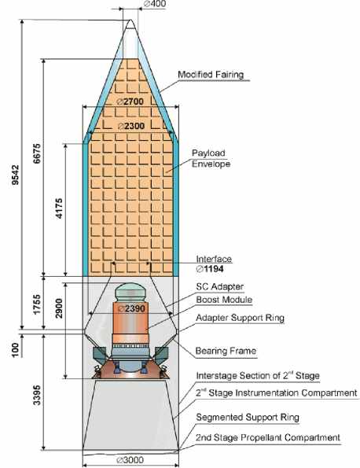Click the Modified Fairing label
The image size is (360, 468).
pos(211,74)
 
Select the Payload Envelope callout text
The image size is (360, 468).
pos(211,158)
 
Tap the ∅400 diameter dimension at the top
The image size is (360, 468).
pos(155,4)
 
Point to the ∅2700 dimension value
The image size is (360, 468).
pos(130,101)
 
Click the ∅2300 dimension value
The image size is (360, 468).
pos(131,126)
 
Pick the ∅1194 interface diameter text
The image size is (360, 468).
pos(210,269)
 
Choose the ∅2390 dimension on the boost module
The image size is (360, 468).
pos(131,308)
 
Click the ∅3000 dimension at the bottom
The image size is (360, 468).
pos(130,460)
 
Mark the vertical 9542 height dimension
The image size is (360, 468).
pos(15,175)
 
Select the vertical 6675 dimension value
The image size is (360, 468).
pos(37,153)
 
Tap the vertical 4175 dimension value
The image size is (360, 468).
pos(59,208)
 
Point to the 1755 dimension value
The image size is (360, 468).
pos(37,304)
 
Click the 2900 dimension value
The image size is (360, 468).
pos(59,308)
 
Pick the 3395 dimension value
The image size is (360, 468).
pos(37,395)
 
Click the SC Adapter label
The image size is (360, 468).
pos(220,287)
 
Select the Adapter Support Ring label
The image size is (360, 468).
pos(240,318)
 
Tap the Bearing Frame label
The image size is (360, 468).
pos(226,351)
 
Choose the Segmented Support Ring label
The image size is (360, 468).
pos(248,417)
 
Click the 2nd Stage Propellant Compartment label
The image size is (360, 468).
pos(268,437)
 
